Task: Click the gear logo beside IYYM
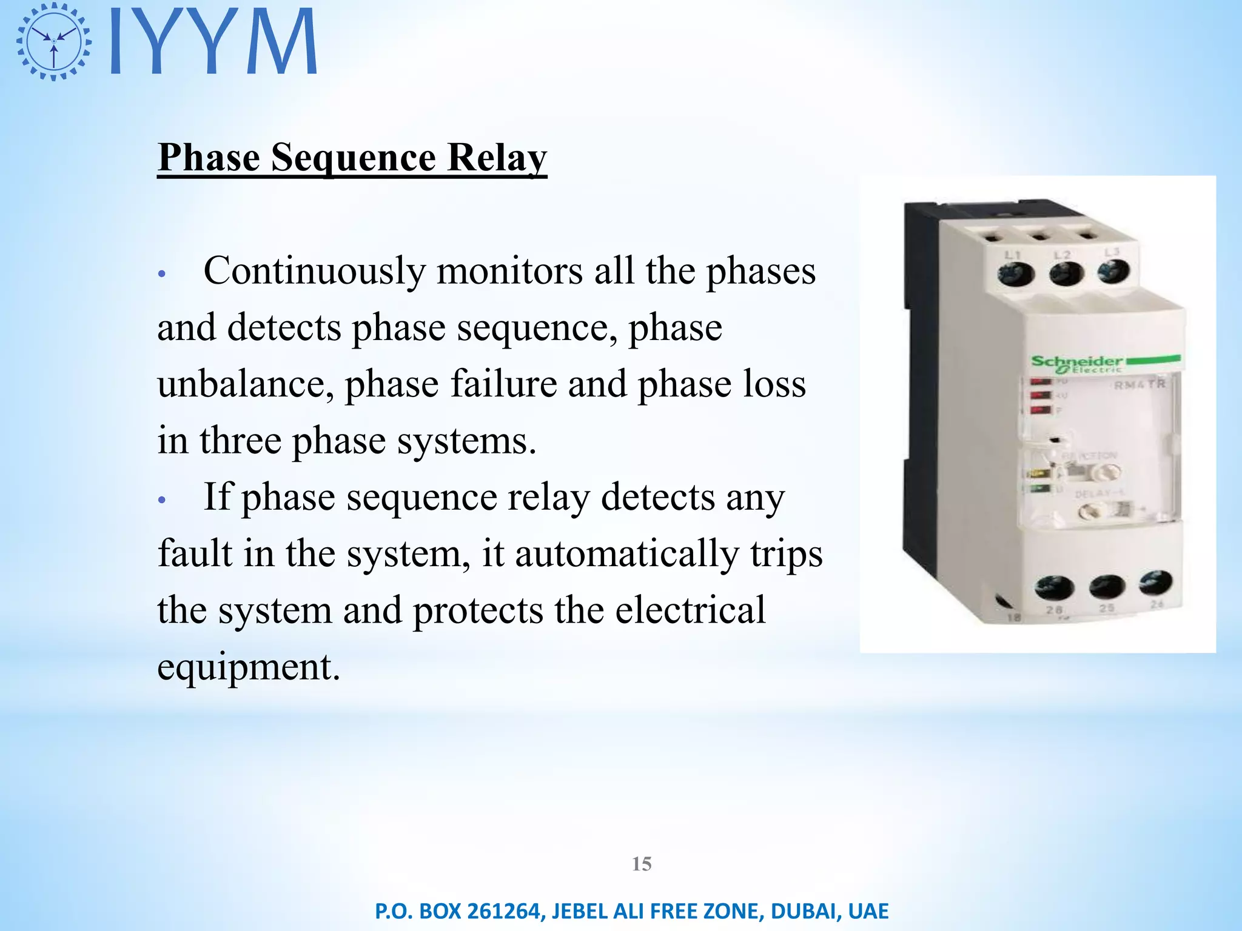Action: point(54,41)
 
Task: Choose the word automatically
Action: point(626,553)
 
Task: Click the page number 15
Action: point(642,864)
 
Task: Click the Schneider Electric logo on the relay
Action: point(1076,364)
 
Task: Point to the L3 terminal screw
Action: point(1113,272)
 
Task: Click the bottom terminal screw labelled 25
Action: point(1107,587)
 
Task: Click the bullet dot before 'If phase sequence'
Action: point(161,500)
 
